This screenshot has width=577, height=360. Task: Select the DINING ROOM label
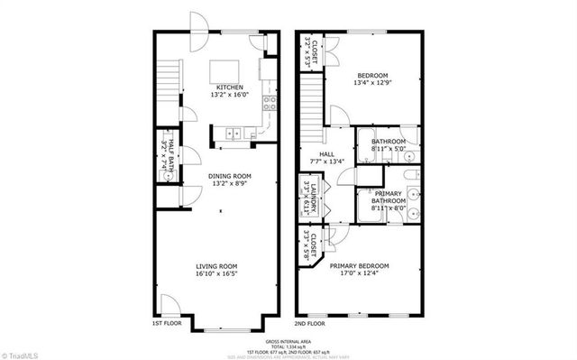[x=230, y=176]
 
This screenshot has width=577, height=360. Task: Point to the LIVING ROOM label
[x=216, y=266]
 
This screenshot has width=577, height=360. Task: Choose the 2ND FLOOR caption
[x=310, y=322]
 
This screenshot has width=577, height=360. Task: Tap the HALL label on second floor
[x=314, y=154]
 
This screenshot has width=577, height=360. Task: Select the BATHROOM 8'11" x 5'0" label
[x=389, y=142]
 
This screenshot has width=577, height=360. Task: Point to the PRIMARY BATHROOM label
[x=389, y=197]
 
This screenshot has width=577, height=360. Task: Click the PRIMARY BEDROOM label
[x=359, y=266]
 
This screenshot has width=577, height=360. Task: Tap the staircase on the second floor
[x=311, y=96]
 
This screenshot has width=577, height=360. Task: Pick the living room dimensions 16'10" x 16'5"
[x=216, y=274]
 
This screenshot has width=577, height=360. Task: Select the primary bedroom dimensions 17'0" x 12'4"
[x=359, y=274]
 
